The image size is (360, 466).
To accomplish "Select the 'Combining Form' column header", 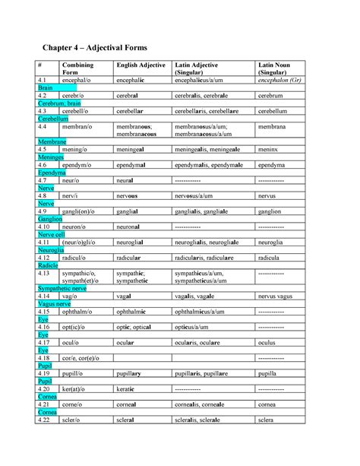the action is click(77, 69).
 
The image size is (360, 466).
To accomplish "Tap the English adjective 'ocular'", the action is click(125, 343).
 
